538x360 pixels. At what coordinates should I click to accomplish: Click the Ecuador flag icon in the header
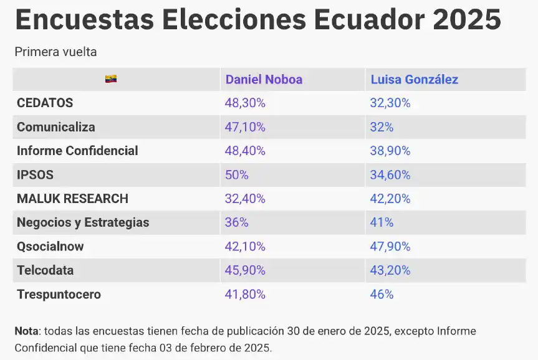pyautogui.click(x=111, y=79)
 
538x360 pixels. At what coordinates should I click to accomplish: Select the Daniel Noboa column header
pyautogui.click(x=264, y=79)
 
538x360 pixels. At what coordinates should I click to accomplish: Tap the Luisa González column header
pyautogui.click(x=414, y=79)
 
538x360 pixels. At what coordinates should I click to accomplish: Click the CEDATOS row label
pyautogui.click(x=45, y=103)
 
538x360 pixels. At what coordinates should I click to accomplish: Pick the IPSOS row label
pyautogui.click(x=36, y=175)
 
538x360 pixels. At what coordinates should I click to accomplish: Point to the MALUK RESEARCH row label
pyautogui.click(x=72, y=199)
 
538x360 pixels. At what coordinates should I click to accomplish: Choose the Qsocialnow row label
pyautogui.click(x=50, y=247)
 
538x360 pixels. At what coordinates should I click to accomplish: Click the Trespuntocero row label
pyautogui.click(x=59, y=295)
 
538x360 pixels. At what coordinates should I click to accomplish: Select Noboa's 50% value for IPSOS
pyautogui.click(x=237, y=175)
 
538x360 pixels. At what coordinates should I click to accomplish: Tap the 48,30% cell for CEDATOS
pyautogui.click(x=245, y=103)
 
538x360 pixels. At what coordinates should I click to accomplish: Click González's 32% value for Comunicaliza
pyautogui.click(x=382, y=127)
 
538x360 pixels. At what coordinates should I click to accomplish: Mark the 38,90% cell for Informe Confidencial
pyautogui.click(x=390, y=151)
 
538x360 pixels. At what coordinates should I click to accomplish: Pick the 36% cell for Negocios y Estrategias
pyautogui.click(x=237, y=222)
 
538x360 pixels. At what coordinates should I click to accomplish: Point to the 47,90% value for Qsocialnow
pyautogui.click(x=390, y=247)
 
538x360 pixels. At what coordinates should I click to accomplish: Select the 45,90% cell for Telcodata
pyautogui.click(x=245, y=270)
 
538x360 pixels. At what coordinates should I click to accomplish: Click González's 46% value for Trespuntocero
pyautogui.click(x=382, y=295)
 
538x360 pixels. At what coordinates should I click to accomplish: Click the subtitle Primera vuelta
pyautogui.click(x=55, y=52)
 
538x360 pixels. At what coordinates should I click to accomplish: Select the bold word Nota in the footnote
pyautogui.click(x=27, y=331)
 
